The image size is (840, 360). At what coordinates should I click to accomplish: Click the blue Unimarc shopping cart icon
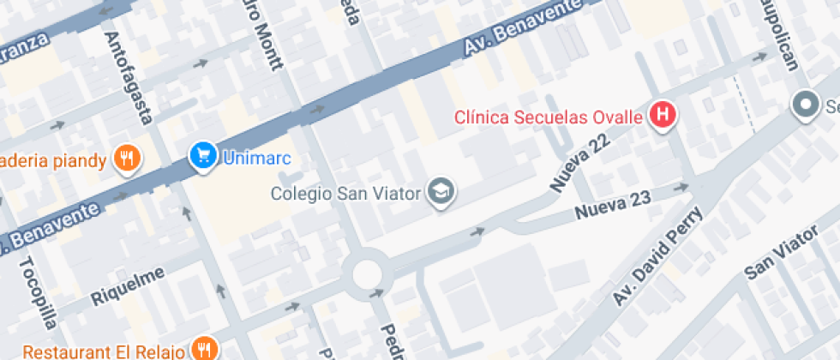click(x=203, y=156)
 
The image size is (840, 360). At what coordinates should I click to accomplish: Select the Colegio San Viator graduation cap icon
click(x=441, y=191)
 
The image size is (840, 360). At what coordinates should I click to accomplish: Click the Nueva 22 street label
click(x=580, y=163)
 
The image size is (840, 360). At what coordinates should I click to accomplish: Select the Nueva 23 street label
click(x=612, y=205)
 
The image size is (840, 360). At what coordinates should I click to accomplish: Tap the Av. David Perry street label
click(x=657, y=256)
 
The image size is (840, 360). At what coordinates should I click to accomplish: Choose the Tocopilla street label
click(x=39, y=292)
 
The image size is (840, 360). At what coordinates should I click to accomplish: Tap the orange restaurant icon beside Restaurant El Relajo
click(x=204, y=350)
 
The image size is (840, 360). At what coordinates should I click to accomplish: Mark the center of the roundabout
click(x=367, y=275)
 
